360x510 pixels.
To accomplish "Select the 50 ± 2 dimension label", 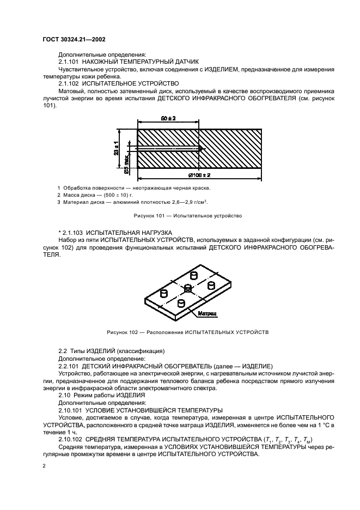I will coord(168,119).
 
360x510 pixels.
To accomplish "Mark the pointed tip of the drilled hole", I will coord(201,149).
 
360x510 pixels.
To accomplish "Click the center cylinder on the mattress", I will coord(187,288).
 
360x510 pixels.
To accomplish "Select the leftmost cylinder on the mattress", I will coord(163,293).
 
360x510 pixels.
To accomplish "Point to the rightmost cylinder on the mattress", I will coord(212,284).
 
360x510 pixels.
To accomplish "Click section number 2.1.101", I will coord(69,63).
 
